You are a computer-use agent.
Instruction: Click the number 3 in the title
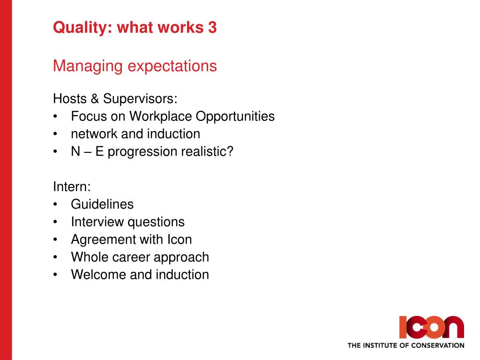(212, 27)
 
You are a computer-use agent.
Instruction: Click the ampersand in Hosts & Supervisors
(95, 98)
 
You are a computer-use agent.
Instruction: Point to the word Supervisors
(140, 98)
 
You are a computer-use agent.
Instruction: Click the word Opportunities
(235, 117)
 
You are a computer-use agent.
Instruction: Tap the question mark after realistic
(230, 151)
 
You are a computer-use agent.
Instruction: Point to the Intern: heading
(72, 187)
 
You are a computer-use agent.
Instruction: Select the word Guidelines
(102, 204)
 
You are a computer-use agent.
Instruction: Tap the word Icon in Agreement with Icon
(180, 240)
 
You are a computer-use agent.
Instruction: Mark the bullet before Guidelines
(55, 204)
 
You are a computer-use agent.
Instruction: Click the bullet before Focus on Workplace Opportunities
(55, 117)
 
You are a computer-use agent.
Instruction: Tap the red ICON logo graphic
(431, 327)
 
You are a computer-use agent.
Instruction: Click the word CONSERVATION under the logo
(437, 345)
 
